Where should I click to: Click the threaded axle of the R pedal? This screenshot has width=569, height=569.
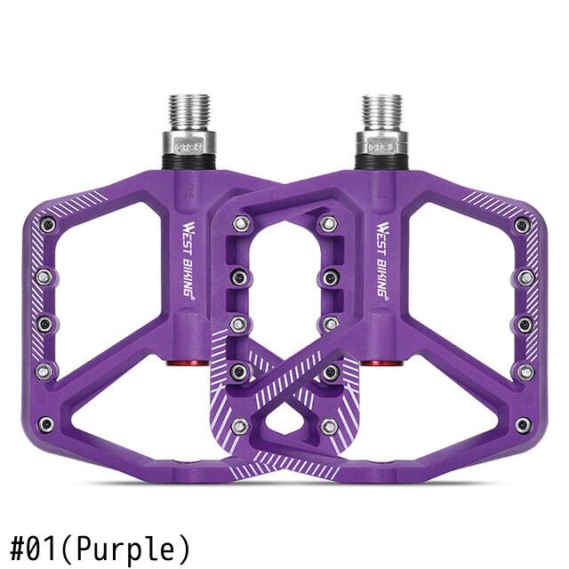[x=189, y=112]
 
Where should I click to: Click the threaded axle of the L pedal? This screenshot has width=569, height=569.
[x=382, y=112]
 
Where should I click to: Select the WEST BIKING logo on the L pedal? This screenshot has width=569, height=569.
[x=381, y=260]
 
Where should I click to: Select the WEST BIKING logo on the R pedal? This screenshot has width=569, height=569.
[x=188, y=260]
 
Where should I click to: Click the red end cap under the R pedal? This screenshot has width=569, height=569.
[x=188, y=363]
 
